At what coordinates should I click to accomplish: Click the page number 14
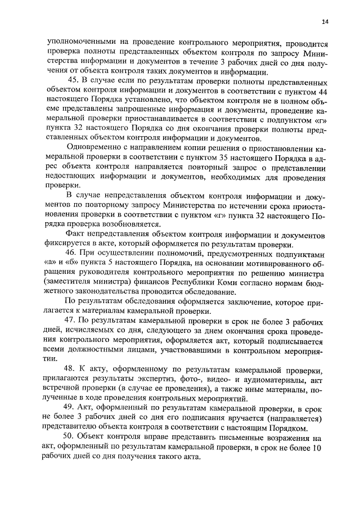(x=325, y=22)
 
